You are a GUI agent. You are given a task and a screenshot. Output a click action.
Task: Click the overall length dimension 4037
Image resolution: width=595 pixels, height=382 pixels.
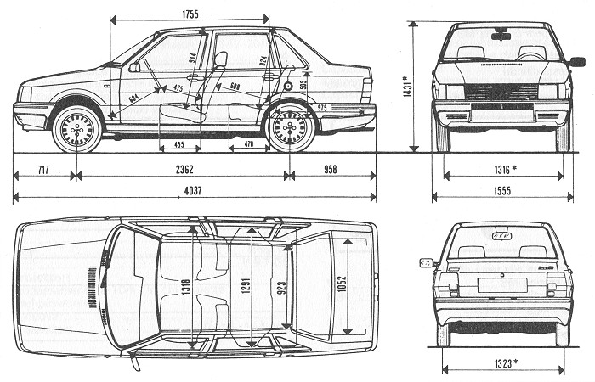tap(195, 192)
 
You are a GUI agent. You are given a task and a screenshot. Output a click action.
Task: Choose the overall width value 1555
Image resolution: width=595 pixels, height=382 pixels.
tap(501, 192)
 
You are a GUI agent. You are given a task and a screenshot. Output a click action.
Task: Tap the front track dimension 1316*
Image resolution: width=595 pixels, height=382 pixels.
tap(501, 170)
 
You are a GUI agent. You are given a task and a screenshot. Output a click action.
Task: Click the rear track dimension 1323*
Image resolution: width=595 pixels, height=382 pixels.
tap(503, 363)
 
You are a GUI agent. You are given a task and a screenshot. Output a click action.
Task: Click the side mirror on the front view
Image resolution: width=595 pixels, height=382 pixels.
tap(576, 61)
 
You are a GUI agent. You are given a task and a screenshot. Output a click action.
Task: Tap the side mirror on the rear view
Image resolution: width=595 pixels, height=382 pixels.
tap(426, 262)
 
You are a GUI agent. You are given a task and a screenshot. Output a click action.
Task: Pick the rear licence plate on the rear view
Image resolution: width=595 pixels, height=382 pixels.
tap(501, 284)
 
